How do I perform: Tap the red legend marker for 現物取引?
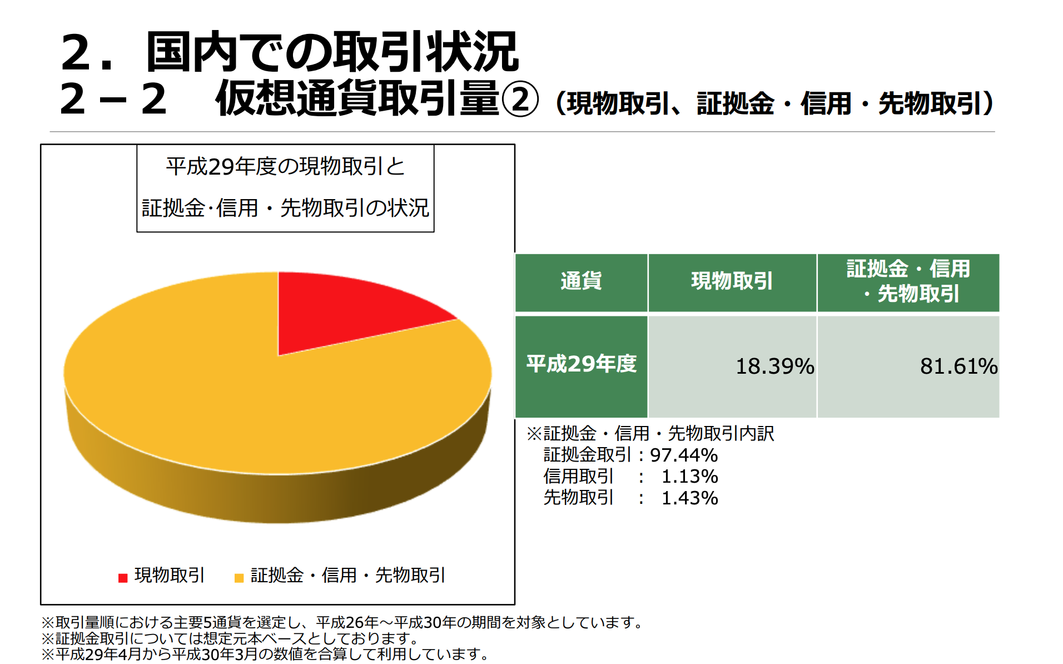point(123,578)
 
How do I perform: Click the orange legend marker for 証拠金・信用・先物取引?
point(239,578)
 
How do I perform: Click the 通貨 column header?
point(581,281)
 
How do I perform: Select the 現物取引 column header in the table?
point(732,281)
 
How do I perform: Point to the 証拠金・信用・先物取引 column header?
point(908,281)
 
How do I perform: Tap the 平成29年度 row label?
point(581,364)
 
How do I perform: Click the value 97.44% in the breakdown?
point(684,455)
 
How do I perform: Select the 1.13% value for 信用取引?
point(689,477)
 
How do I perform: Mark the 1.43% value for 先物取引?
point(689,498)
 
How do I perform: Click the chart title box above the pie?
point(285,188)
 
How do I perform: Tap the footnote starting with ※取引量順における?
point(342,622)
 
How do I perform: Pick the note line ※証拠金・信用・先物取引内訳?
point(650,433)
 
